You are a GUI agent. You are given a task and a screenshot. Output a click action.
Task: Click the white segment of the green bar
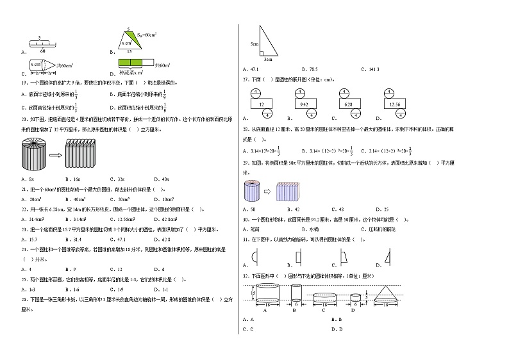tap(149, 63)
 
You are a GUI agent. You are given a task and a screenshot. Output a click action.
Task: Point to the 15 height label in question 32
tap(253, 293)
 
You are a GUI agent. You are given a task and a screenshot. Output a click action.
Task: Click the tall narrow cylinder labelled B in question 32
tap(296, 294)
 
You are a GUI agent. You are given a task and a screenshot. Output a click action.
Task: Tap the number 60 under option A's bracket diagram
tap(43, 50)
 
